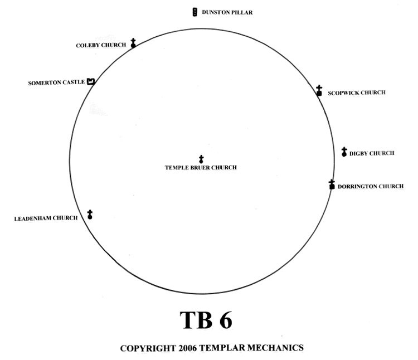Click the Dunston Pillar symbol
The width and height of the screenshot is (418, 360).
tap(195, 12)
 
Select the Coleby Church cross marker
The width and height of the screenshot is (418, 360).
tap(133, 43)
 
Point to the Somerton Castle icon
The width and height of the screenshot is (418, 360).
tap(90, 82)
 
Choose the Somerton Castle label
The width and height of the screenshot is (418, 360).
tap(56, 83)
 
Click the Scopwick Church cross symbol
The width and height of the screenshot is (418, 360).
tap(319, 91)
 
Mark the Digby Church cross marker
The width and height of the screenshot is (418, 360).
tap(344, 152)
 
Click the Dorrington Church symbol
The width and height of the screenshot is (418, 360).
tap(332, 184)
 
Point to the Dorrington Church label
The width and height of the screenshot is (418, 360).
tap(370, 186)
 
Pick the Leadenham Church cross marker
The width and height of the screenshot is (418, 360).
tap(90, 215)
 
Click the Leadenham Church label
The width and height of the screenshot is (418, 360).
tap(46, 218)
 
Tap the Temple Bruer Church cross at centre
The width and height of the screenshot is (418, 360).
tap(201, 159)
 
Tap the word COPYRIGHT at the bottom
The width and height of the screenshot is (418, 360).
tap(145, 348)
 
